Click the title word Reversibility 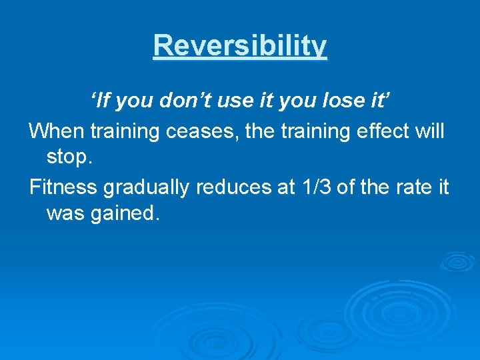[240, 46]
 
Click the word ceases [203, 131]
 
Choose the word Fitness [63, 187]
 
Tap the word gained [127, 215]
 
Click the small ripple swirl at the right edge [457, 262]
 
